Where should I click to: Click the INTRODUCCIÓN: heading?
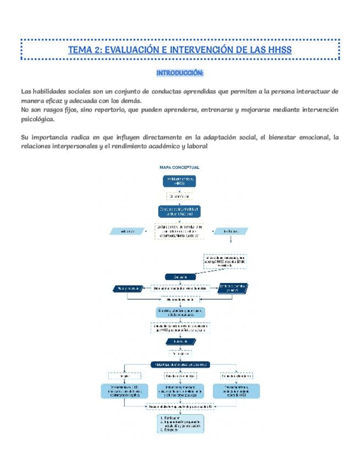click(180, 73)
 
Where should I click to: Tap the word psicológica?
click(37, 119)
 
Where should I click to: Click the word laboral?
click(197, 147)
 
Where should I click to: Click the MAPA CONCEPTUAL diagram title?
click(179, 167)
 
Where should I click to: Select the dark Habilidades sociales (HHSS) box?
click(180, 181)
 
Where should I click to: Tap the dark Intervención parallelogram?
click(179, 341)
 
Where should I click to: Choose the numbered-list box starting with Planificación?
click(180, 423)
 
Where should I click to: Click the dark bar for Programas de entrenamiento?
click(180, 364)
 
